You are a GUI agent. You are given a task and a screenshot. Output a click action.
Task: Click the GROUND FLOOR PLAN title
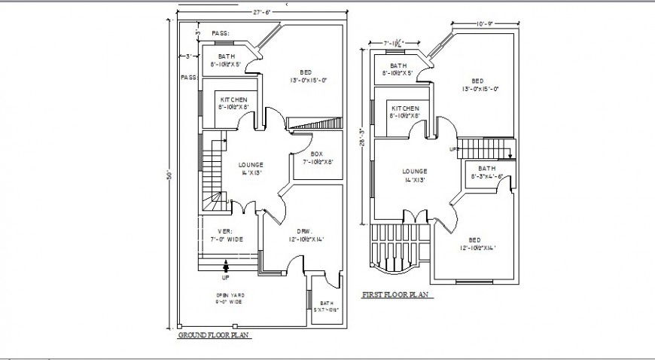point(213,336)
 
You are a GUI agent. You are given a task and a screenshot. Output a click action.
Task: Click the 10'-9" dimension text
point(484,24)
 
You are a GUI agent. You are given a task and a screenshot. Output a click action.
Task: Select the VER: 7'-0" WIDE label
point(225,235)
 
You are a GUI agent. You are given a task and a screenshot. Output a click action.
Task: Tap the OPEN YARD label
point(230,298)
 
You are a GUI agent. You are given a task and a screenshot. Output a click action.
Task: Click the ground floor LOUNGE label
point(250,168)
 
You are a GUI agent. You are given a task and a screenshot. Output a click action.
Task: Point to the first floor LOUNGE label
point(414,175)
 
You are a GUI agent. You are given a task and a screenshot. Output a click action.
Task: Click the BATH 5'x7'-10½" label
point(326,307)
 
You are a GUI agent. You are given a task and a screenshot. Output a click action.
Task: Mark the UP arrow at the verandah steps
point(226,267)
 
